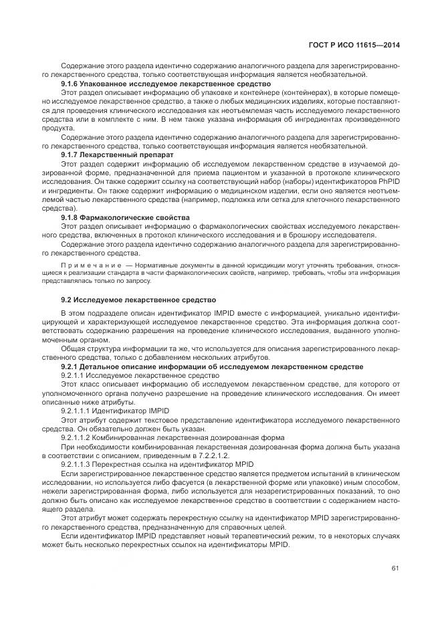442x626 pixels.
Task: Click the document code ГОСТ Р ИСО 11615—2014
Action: pyautogui.click(x=358, y=45)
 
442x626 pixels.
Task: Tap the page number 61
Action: pyautogui.click(x=395, y=568)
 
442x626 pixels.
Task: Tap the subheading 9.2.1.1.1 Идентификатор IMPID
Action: pyautogui.click(x=115, y=410)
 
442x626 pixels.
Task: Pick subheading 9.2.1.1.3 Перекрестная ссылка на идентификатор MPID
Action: pyautogui.click(x=157, y=463)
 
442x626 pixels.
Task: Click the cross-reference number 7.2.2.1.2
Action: pyautogui.click(x=209, y=455)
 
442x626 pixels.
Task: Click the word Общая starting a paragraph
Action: pyautogui.click(x=72, y=348)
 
